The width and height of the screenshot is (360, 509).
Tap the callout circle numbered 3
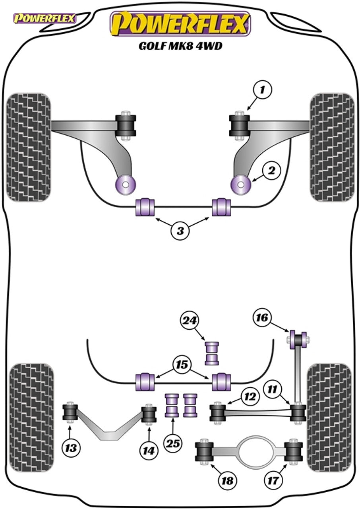(180, 230)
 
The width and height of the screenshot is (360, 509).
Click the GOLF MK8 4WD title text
(180, 46)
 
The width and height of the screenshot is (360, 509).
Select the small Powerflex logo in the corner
(45, 18)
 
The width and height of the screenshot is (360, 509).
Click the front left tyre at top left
(29, 147)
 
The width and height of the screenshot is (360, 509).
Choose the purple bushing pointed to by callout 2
(241, 183)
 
